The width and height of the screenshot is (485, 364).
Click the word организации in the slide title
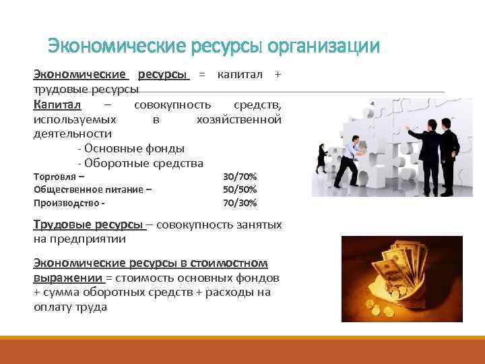pyautogui.click(x=323, y=47)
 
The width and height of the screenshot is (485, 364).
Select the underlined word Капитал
pyautogui.click(x=57, y=104)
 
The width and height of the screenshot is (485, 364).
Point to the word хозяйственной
pyautogui.click(x=238, y=119)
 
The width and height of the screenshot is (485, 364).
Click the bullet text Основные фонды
pyautogui.click(x=131, y=148)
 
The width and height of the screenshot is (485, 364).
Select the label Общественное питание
pyautogui.click(x=92, y=189)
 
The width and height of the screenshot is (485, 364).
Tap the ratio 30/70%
pyautogui.click(x=239, y=177)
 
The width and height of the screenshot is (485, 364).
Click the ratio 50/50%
pyautogui.click(x=239, y=189)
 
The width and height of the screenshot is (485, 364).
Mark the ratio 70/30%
pyautogui.click(x=239, y=202)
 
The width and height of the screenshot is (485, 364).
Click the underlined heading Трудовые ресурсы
pyautogui.click(x=88, y=224)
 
